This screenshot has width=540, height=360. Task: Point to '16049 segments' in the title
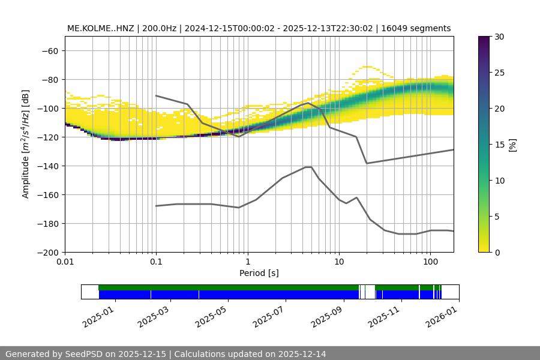click(420, 28)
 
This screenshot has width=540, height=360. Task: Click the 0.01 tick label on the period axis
click(65, 262)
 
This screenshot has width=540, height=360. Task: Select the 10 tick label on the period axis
click(339, 262)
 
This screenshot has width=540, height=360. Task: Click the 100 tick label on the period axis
click(430, 262)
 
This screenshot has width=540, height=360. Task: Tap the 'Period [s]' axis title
click(259, 273)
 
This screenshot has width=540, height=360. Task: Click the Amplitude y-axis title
click(26, 144)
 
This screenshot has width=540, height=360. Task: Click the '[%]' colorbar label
click(512, 144)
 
